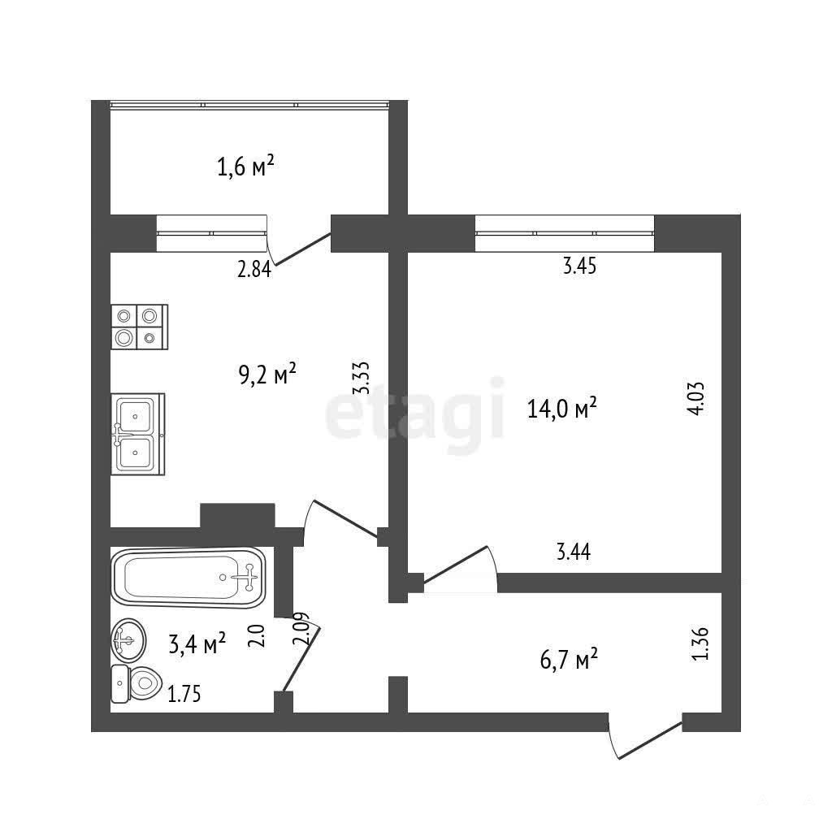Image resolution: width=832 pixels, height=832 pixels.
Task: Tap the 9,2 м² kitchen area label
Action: (267, 375)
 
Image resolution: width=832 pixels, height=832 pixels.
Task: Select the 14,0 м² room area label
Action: (562, 408)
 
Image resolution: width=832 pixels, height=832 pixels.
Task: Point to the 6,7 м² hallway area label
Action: (569, 660)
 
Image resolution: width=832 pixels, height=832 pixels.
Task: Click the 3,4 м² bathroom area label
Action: (197, 643)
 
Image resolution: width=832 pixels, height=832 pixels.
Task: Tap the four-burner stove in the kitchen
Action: (140, 327)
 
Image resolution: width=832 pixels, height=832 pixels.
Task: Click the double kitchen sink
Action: (138, 434)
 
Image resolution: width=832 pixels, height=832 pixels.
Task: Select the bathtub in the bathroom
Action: (188, 578)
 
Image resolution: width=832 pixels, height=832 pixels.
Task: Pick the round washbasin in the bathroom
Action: (128, 640)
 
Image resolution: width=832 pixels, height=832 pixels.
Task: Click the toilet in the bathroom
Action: (136, 684)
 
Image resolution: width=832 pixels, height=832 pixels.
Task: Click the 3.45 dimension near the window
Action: (579, 266)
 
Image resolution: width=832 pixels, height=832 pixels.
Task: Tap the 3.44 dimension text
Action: (574, 552)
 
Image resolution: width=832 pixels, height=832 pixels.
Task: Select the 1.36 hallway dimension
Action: (700, 643)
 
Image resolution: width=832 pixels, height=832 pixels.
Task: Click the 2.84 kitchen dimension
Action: (254, 270)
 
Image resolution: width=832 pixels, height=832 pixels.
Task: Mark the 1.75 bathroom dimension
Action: (184, 694)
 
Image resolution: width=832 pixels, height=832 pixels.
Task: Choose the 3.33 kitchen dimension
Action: (362, 378)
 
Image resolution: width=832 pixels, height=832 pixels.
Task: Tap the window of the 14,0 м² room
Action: (565, 233)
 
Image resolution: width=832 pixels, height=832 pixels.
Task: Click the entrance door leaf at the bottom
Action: (650, 740)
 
